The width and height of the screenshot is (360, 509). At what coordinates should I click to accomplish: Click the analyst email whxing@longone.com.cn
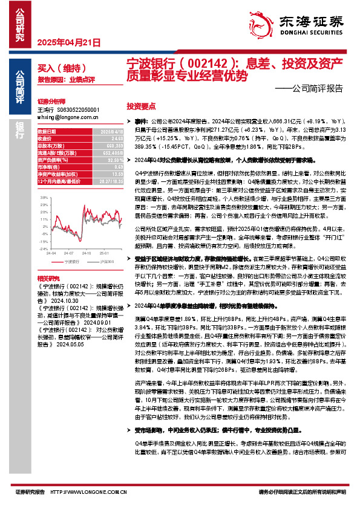[x=62, y=118]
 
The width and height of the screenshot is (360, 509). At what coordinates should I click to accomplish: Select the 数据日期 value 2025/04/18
[x=111, y=131]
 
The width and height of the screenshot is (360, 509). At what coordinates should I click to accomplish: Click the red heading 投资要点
[x=140, y=105]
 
